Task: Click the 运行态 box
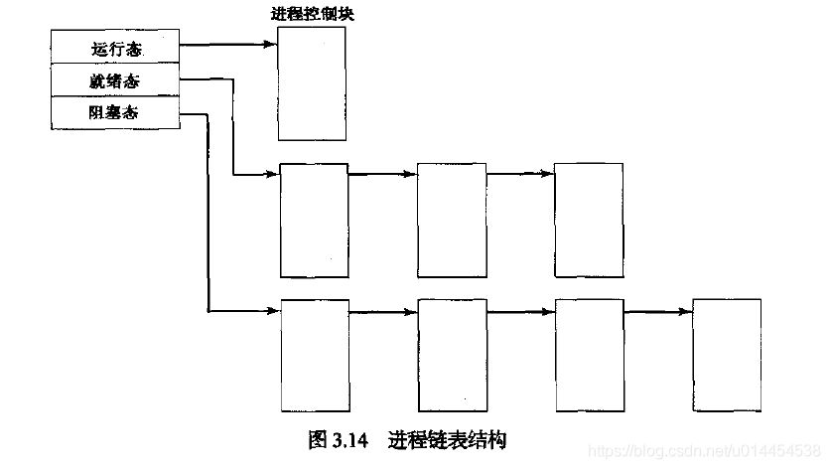(x=115, y=46)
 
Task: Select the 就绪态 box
(x=115, y=78)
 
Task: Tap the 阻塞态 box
(x=115, y=111)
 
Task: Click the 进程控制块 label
(x=312, y=13)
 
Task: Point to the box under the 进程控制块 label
(x=312, y=83)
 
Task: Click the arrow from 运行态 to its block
(x=228, y=44)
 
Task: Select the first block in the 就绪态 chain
(x=315, y=220)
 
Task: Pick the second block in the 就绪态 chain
(x=451, y=220)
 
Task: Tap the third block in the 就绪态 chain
(x=588, y=220)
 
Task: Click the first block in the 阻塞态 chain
(x=315, y=354)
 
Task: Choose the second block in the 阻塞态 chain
(x=452, y=354)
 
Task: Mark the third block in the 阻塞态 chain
(x=589, y=354)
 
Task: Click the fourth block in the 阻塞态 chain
(x=726, y=354)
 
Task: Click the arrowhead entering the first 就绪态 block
(x=273, y=176)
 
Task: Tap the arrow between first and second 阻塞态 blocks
(x=383, y=312)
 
